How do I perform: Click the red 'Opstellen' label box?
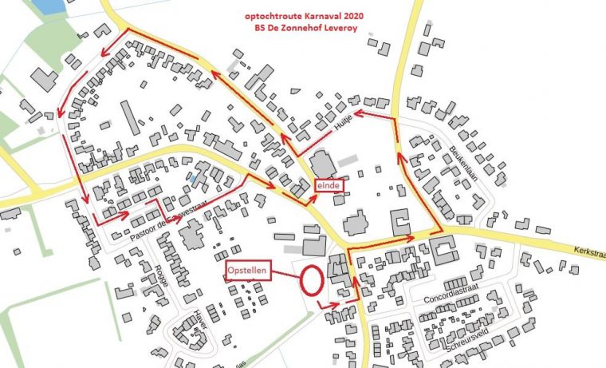click(248, 271)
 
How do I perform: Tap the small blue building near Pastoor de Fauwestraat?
click(194, 180)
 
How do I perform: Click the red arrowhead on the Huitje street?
click(357, 114)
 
